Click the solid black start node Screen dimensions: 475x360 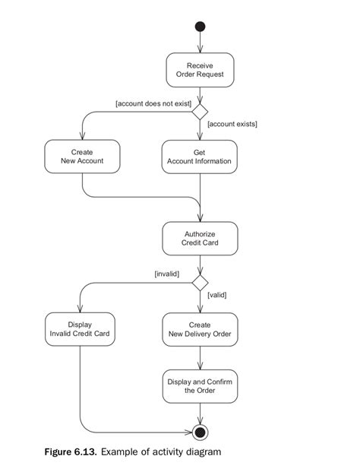200,27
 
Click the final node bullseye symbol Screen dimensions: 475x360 200,432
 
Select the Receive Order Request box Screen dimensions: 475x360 200,70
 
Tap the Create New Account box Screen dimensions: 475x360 82,156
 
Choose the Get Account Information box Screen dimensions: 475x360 200,156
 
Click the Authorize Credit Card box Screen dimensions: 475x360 200,238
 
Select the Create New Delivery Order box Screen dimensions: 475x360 200,328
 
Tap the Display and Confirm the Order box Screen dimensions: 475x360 200,385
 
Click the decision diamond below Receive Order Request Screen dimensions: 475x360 200,112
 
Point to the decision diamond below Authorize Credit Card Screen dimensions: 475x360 200,283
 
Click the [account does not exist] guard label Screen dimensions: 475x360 153,103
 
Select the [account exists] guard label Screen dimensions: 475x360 232,123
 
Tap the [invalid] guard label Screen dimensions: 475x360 166,273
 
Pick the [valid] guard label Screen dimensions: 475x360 217,294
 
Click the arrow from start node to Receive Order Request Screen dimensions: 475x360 200,43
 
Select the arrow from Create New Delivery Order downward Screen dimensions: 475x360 200,357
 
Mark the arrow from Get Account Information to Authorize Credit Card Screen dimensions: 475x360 200,198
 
